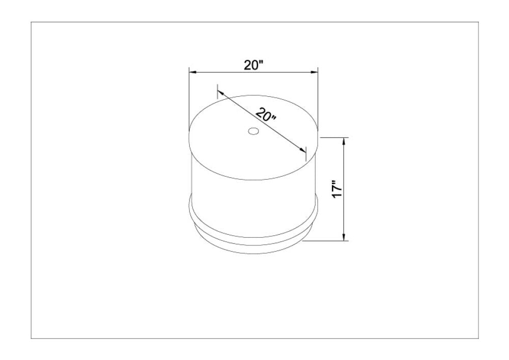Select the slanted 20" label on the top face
click(266, 115)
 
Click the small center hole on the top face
click(253, 131)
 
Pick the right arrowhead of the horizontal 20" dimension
click(313, 72)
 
